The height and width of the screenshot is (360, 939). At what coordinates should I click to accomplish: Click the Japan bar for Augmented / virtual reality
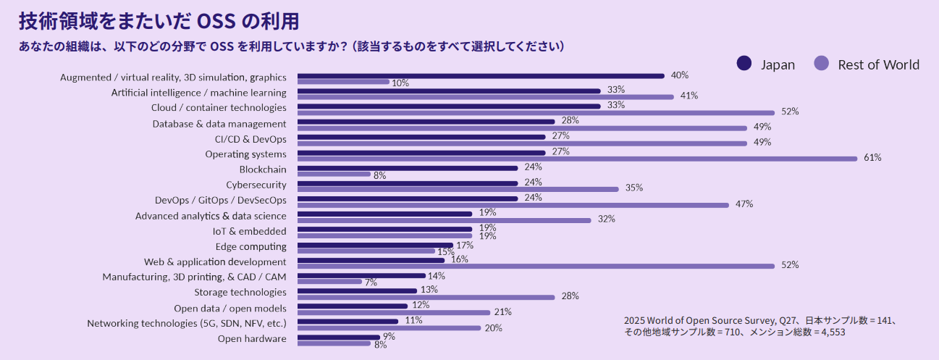tap(481, 75)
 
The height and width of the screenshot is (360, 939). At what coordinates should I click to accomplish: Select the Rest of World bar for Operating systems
tap(576, 159)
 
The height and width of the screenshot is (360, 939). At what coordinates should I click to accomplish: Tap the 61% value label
tap(872, 158)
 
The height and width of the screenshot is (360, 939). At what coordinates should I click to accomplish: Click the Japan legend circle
tap(744, 64)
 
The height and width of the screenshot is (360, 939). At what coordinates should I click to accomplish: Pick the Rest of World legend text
tap(878, 64)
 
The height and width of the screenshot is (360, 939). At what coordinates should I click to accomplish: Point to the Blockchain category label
tap(263, 169)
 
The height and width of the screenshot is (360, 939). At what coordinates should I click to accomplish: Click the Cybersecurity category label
tap(256, 185)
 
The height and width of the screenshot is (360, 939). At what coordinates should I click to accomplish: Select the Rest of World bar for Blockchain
tap(333, 174)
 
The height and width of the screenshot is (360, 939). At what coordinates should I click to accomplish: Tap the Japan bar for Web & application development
tap(371, 259)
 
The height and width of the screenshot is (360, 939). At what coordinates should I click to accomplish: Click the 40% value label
tap(679, 75)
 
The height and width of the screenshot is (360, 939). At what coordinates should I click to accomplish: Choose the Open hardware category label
tap(252, 338)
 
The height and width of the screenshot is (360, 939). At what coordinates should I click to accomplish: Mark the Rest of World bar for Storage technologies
tap(426, 297)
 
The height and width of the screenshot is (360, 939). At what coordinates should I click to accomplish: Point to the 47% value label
tap(744, 204)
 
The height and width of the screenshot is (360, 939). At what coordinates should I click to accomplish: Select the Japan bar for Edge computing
tap(375, 245)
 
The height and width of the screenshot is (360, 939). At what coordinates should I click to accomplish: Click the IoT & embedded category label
tap(249, 231)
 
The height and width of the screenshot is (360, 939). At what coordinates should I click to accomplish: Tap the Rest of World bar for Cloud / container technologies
tap(536, 112)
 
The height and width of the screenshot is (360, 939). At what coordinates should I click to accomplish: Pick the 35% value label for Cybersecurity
tap(634, 188)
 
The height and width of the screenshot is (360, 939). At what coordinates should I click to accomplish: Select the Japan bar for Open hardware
tap(338, 337)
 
